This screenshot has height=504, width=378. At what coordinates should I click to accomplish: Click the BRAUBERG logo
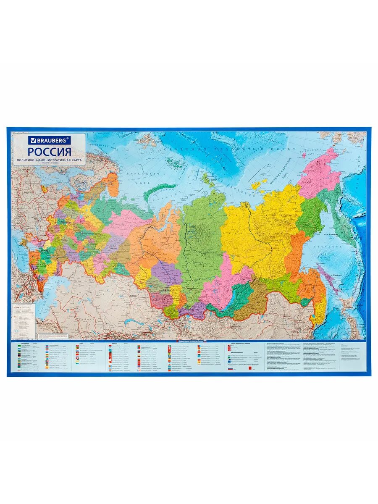click(50, 139)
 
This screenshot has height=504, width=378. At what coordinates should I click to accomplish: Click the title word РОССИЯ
click(50, 151)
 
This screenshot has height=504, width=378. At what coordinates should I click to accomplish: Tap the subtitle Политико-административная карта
click(50, 161)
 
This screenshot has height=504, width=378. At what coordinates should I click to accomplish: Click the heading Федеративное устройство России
click(194, 341)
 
